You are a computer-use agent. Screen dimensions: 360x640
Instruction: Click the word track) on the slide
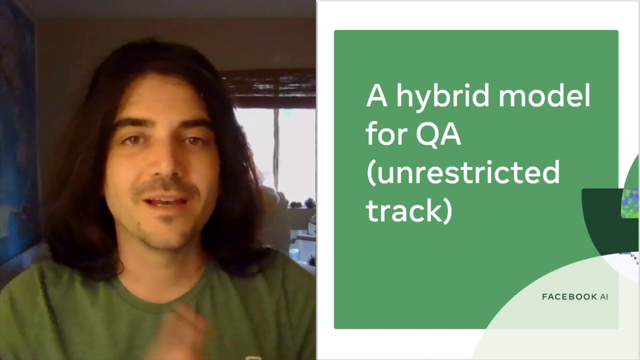(x=409, y=210)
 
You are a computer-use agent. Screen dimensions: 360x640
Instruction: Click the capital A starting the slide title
(x=376, y=96)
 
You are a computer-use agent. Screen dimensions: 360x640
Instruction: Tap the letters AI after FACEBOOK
(x=604, y=297)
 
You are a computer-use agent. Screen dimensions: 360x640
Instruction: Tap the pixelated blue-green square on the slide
(x=630, y=203)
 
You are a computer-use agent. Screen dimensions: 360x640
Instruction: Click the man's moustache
(x=165, y=187)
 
